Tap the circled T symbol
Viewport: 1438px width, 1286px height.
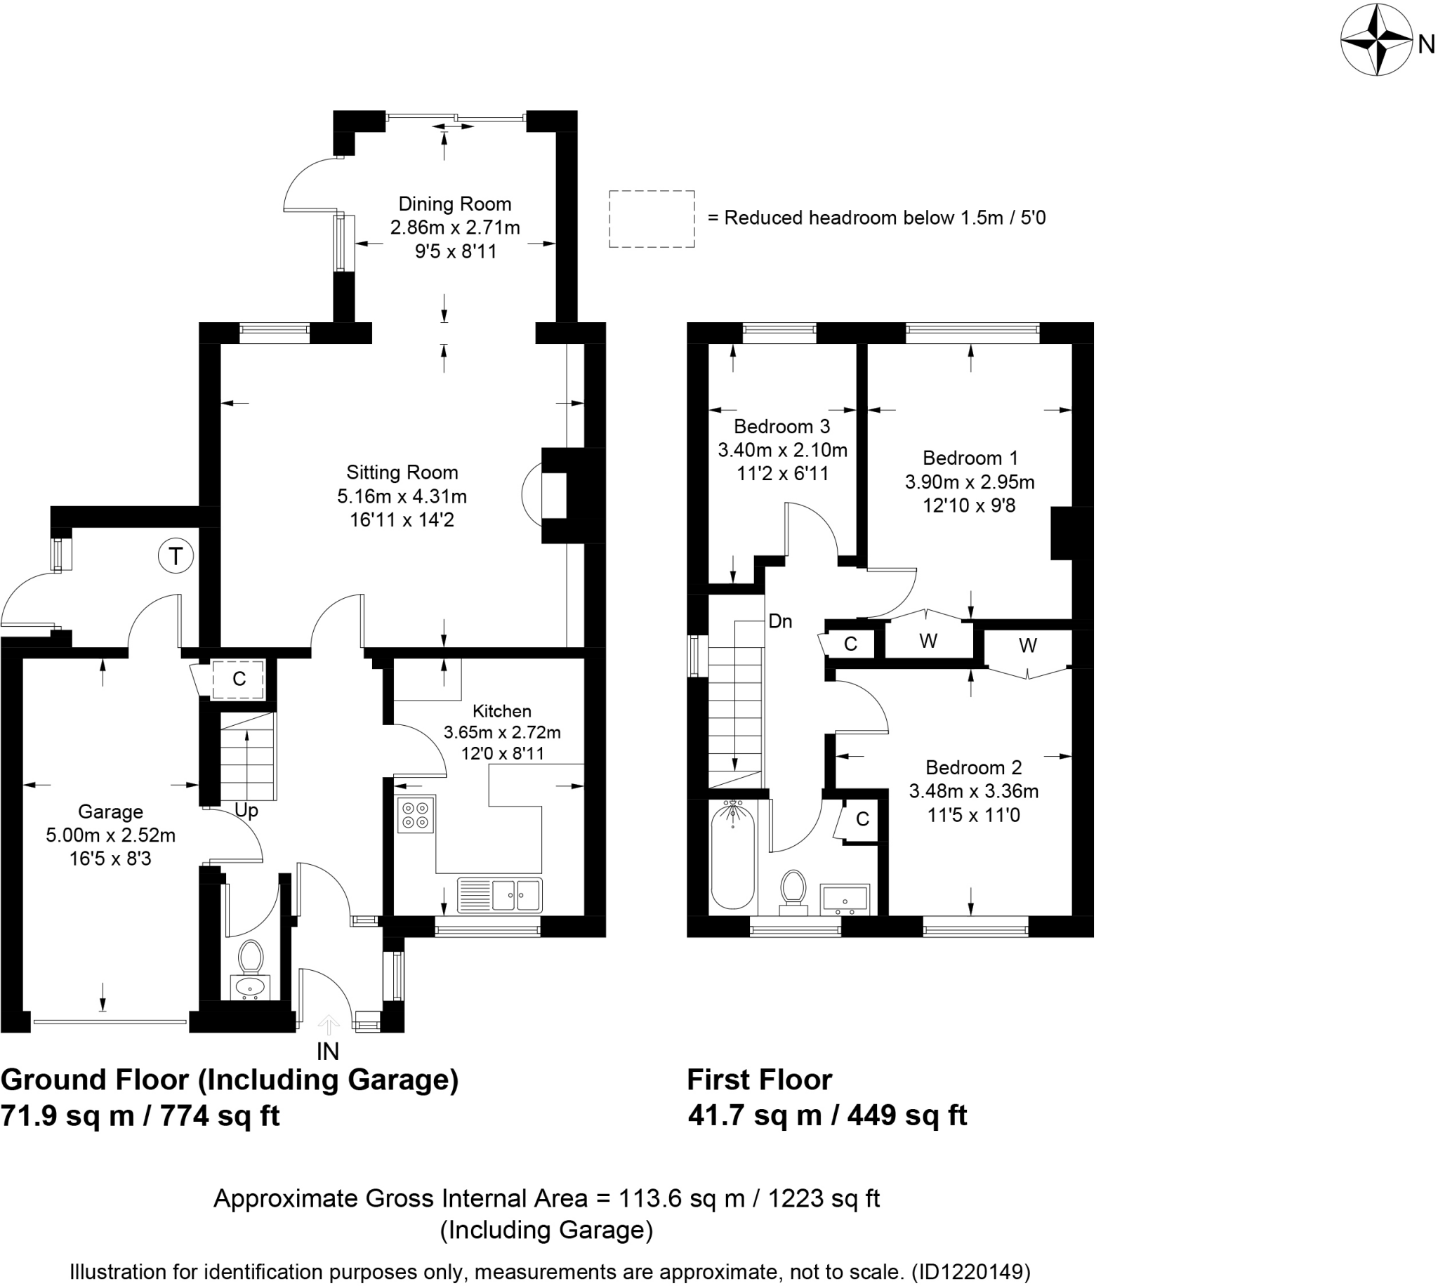(x=176, y=556)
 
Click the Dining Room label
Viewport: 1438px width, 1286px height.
(x=454, y=204)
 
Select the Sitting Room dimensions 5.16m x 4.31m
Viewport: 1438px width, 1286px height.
(x=402, y=497)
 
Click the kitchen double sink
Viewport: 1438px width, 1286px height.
(x=500, y=895)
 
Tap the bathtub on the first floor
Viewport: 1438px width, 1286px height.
(x=733, y=857)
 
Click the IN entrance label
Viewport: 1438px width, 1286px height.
(x=328, y=1052)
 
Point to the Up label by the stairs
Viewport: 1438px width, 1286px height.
(x=246, y=811)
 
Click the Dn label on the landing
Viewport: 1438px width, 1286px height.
(x=780, y=622)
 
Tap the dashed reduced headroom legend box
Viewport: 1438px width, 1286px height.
(x=652, y=219)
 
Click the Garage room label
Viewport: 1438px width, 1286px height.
(x=110, y=812)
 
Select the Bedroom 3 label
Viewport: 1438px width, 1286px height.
(x=781, y=427)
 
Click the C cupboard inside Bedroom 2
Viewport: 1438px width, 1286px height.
(x=862, y=819)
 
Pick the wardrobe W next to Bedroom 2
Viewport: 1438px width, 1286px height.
(x=1027, y=646)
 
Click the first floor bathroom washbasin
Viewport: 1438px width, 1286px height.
(x=845, y=899)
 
